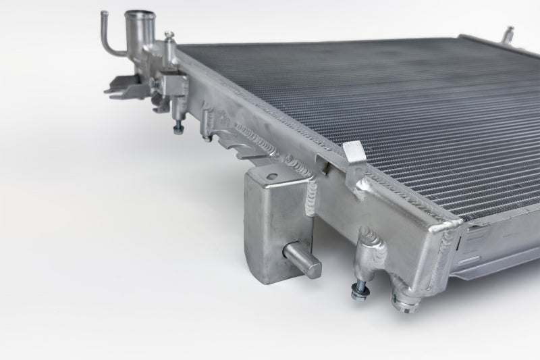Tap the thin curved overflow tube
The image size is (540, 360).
click(x=108, y=34)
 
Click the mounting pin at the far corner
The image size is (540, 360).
click(x=508, y=32)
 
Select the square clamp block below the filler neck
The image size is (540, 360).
click(x=175, y=85)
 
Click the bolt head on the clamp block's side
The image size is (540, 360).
click(x=155, y=82)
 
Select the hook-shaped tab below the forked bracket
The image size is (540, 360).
click(x=160, y=104)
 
